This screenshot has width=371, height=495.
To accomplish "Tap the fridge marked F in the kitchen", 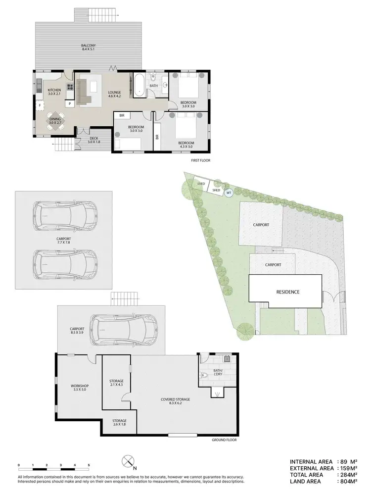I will pos(39,105).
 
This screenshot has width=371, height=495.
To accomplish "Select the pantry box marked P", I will pos(70,103).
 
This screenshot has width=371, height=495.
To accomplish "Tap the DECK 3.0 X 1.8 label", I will pos(94,141).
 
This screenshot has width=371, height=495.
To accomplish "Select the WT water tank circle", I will pos(229,193).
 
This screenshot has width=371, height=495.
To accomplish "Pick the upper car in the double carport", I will pos(64,215).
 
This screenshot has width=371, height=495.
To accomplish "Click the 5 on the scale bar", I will pos(89,466).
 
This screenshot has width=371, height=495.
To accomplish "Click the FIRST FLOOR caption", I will pos(201,161).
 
